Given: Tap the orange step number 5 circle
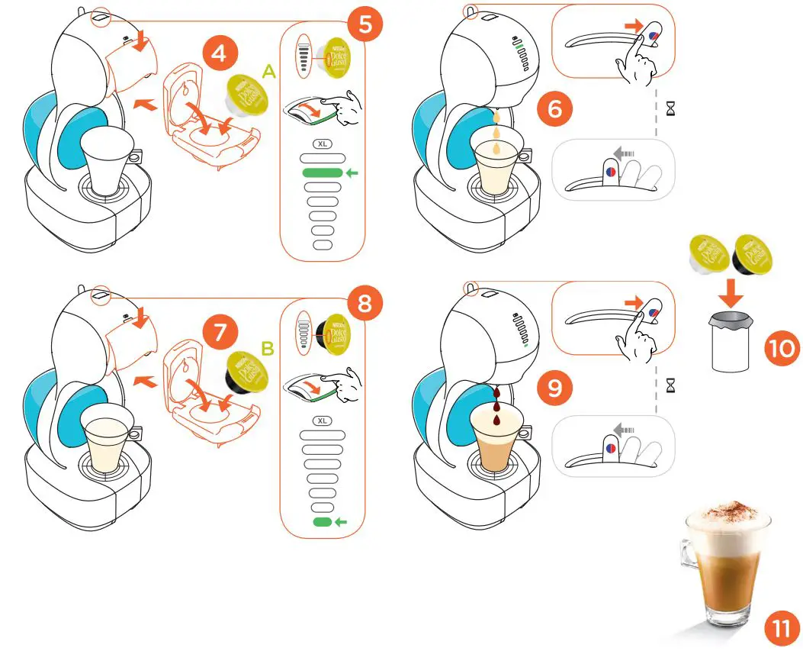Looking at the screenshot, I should [x=365, y=24].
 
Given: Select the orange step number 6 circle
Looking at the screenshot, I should [x=554, y=109].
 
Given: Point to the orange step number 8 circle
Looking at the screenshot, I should [x=365, y=303].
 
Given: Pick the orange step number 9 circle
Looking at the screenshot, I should [x=554, y=388].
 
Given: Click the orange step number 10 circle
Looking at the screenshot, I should [x=782, y=350].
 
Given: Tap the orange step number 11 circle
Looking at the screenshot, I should [x=782, y=630].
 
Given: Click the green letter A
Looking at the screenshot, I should [x=268, y=72].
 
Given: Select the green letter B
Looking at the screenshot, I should [x=268, y=350].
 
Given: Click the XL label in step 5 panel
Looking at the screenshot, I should [x=323, y=143].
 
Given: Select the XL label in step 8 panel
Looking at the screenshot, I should [x=323, y=421].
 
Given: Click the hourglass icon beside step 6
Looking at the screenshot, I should [x=671, y=110].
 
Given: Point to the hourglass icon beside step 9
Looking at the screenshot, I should [x=671, y=388].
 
